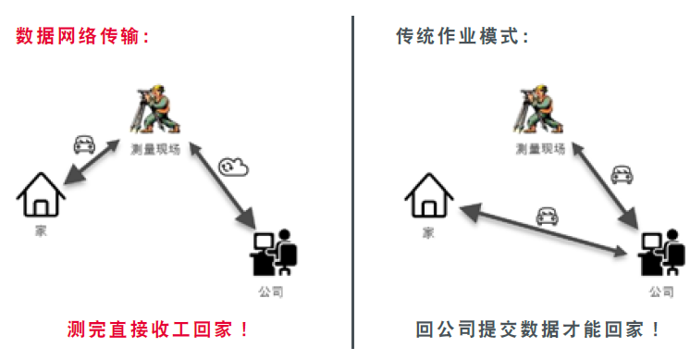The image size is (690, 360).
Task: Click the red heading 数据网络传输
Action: (x=82, y=37)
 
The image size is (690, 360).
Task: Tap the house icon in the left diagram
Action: (x=41, y=193)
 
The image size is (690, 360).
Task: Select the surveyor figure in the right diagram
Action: (x=539, y=110)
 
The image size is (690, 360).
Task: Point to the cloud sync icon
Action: (x=233, y=167)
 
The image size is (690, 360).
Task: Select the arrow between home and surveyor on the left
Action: (x=88, y=164)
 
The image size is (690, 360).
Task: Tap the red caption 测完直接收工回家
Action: (x=158, y=329)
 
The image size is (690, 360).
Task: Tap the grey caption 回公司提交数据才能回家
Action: (x=538, y=329)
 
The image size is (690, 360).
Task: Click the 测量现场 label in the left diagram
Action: (x=154, y=148)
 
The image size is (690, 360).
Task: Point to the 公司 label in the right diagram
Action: (x=660, y=292)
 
